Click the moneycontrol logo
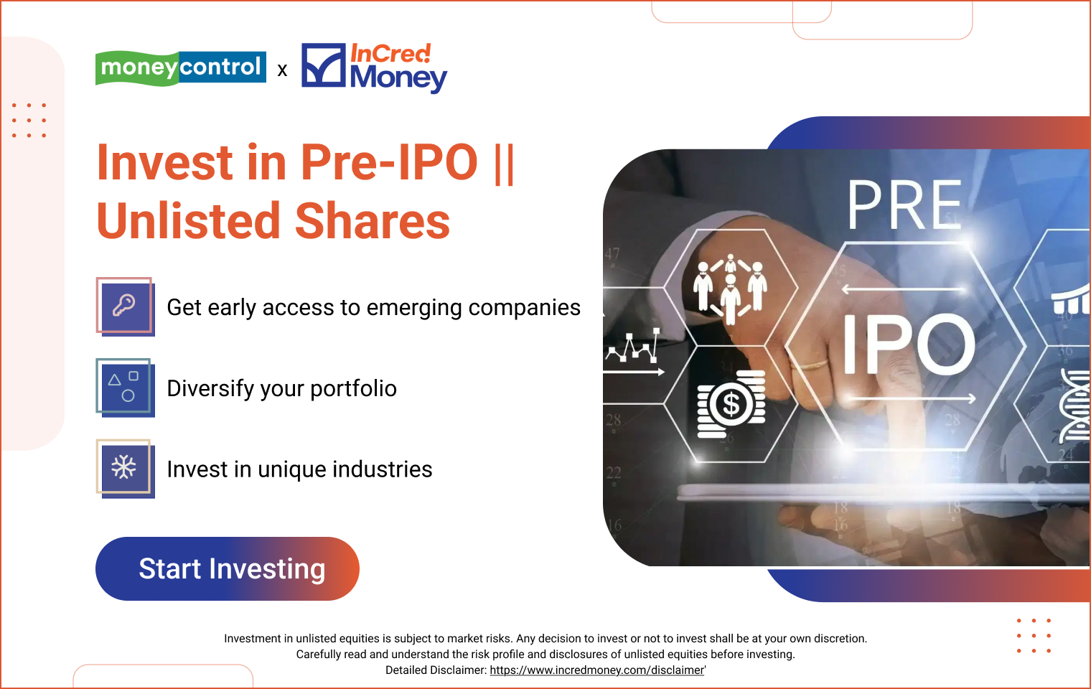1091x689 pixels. pyautogui.click(x=180, y=67)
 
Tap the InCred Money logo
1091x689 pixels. pyautogui.click(x=374, y=67)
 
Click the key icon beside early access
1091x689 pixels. pyautogui.click(x=125, y=306)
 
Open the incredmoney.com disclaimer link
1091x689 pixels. pyautogui.click(x=596, y=670)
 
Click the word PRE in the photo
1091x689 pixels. pyautogui.click(x=904, y=206)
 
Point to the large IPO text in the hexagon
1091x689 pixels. pyautogui.click(x=909, y=345)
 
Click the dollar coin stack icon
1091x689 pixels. pyautogui.click(x=731, y=404)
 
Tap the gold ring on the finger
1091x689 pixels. pyautogui.click(x=814, y=365)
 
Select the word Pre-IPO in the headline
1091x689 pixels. pyautogui.click(x=388, y=162)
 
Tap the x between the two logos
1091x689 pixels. pyautogui.click(x=283, y=70)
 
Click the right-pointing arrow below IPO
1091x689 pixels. pyautogui.click(x=909, y=398)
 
